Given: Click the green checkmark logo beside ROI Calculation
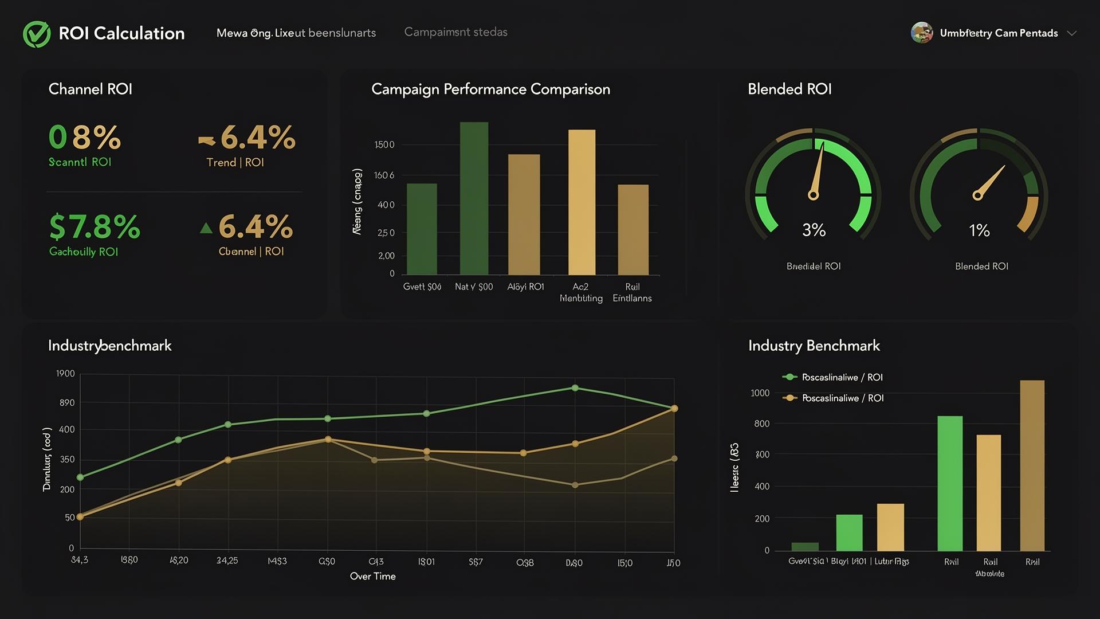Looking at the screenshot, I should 37,34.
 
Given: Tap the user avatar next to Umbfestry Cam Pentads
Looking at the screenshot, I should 921,33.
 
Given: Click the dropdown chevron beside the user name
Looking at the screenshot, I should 1072,33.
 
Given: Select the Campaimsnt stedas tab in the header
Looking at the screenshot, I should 455,32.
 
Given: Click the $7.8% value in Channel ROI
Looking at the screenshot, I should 95,227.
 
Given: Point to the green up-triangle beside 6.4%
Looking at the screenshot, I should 206,228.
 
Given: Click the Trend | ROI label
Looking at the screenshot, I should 235,162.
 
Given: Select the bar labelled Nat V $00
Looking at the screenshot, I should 474,198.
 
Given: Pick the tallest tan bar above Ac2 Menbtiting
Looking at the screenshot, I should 582,202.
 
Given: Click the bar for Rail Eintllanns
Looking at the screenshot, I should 633,229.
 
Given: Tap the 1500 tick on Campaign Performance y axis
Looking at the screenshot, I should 384,144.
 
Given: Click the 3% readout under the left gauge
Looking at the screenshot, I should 814,230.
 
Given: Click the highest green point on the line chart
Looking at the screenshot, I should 575,388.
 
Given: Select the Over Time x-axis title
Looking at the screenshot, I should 372,576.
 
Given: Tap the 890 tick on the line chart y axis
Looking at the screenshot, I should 67,403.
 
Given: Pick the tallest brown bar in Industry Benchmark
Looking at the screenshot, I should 1032,465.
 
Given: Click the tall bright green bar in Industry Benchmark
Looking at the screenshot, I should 950,483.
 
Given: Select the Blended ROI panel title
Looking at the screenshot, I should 789,89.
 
